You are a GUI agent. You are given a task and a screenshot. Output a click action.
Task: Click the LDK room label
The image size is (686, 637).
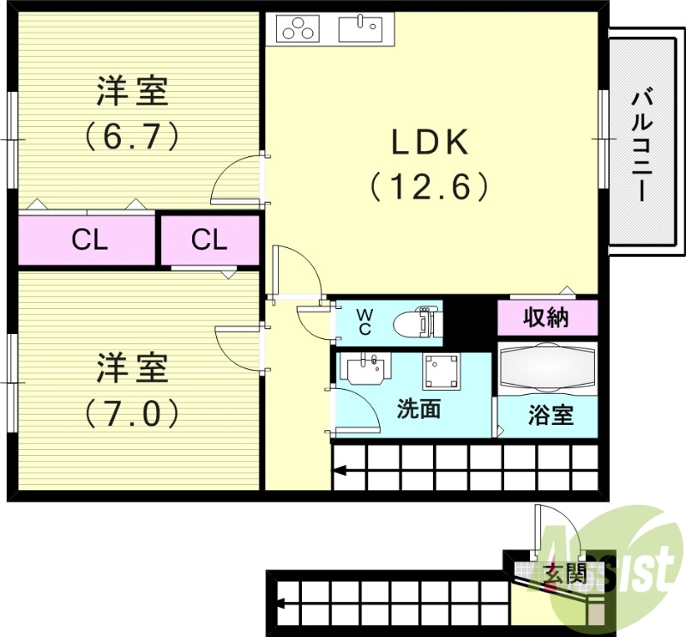click(430, 143)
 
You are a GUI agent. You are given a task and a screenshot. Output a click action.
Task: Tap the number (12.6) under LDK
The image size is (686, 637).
click(430, 186)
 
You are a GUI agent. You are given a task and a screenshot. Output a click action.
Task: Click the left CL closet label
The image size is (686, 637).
click(89, 240)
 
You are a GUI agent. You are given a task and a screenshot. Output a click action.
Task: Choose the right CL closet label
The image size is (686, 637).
click(209, 240)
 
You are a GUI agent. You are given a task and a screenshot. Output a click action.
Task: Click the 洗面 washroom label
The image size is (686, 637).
click(418, 409)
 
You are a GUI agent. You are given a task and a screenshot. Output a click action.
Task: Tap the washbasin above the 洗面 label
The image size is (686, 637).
click(366, 370)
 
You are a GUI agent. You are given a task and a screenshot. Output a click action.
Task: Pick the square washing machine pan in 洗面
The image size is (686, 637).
click(440, 371)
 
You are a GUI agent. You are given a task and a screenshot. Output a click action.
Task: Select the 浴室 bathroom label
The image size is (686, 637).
click(550, 416)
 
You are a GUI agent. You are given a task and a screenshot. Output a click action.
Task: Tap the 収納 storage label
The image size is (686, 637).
click(546, 318)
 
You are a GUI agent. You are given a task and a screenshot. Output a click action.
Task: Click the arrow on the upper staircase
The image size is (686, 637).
click(341, 470)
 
